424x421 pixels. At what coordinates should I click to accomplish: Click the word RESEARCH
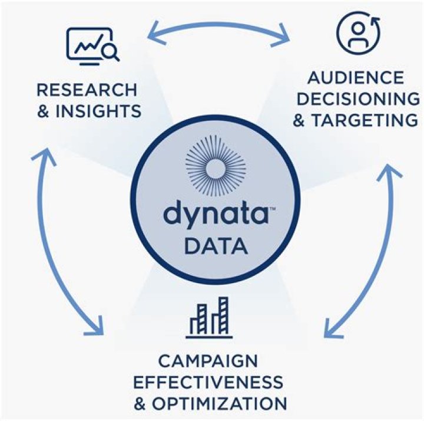87,90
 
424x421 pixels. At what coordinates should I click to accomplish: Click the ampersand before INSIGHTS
44,111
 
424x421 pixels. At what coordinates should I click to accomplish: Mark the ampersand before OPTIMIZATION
141,404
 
